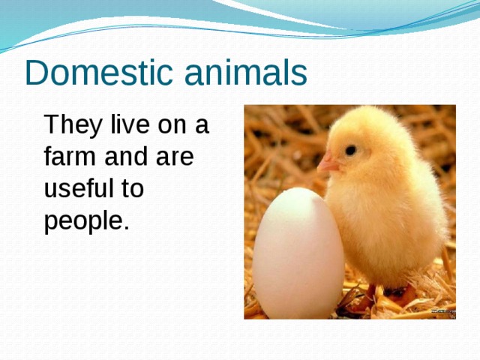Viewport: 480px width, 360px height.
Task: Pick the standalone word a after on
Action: point(202,126)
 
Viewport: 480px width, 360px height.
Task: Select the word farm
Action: point(66,157)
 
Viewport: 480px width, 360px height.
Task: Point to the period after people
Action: point(126,229)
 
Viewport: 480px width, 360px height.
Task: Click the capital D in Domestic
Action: point(35,73)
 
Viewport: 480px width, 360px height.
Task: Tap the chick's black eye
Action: point(350,150)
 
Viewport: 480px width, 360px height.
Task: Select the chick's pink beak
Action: point(327,163)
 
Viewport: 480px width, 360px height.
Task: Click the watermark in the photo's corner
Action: point(442,311)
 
